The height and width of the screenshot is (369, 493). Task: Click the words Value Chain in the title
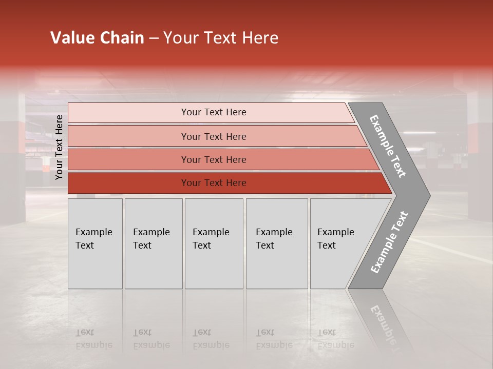click(97, 38)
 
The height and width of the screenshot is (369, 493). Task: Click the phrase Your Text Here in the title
click(221, 38)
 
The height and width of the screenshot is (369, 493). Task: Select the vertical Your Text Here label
click(59, 147)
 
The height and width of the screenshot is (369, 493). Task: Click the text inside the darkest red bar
click(214, 183)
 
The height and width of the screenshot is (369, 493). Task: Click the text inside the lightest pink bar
click(214, 112)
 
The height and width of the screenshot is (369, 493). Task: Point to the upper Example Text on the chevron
click(388, 146)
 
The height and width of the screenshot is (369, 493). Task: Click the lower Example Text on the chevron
click(389, 242)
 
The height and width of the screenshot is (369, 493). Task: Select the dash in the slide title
click(154, 38)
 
